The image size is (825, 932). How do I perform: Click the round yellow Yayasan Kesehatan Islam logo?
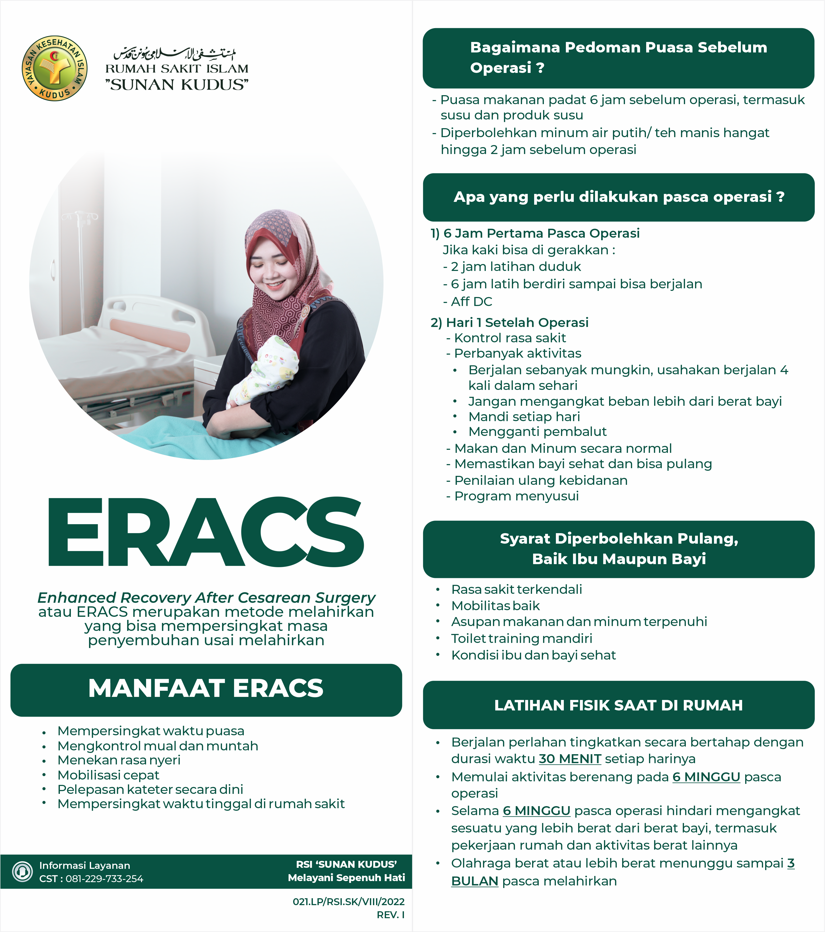(55, 68)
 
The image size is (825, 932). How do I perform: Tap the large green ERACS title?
(206, 532)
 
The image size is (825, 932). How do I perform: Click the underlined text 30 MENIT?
(570, 759)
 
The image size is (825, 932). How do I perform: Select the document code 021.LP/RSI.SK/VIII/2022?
(348, 902)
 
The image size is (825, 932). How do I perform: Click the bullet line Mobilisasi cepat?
(108, 775)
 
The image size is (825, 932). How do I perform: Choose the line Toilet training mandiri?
(521, 638)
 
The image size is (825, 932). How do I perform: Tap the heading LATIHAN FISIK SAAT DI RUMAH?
(618, 705)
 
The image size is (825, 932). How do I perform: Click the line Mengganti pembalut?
(537, 431)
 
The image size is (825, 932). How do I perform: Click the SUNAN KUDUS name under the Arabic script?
(177, 85)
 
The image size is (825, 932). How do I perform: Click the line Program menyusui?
(516, 496)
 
